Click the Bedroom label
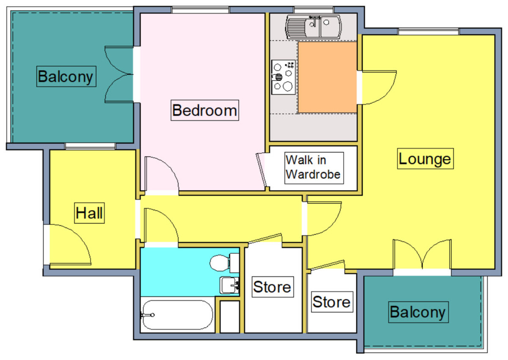[x=204, y=110]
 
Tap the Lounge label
[x=425, y=159]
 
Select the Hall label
[x=89, y=213]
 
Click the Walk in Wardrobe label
[x=314, y=168]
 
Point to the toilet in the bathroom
[x=224, y=263]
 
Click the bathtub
[x=177, y=315]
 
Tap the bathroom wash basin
[x=229, y=285]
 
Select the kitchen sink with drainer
[x=314, y=27]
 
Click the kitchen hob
[x=284, y=77]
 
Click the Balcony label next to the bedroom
[x=66, y=76]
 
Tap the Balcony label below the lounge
[x=418, y=312]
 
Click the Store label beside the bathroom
[x=273, y=287]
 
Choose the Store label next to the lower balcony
[x=332, y=302]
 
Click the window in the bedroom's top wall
[x=200, y=10]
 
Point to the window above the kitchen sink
[x=314, y=10]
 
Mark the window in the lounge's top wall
[x=428, y=31]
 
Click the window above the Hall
[x=90, y=146]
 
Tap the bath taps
[x=147, y=315]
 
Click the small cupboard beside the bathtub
[x=230, y=317]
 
